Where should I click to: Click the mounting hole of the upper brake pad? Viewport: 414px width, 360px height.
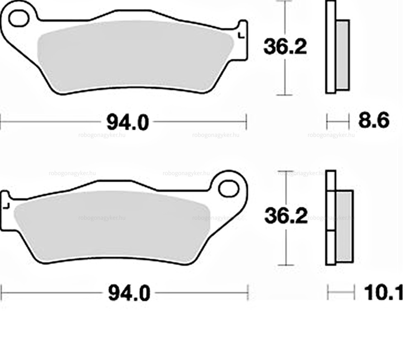click(19, 18)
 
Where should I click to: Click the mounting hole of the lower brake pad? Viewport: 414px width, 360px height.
click(229, 188)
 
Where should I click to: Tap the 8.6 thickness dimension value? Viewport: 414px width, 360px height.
click(373, 121)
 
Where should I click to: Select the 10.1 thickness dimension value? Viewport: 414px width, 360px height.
click(383, 292)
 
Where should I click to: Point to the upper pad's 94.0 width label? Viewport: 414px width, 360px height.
click(128, 123)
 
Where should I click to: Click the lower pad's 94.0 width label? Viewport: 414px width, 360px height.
click(129, 293)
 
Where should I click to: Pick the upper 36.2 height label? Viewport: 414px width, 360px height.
click(285, 47)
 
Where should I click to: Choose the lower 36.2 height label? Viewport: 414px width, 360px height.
click(286, 216)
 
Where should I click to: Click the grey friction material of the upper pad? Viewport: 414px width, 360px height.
click(135, 56)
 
